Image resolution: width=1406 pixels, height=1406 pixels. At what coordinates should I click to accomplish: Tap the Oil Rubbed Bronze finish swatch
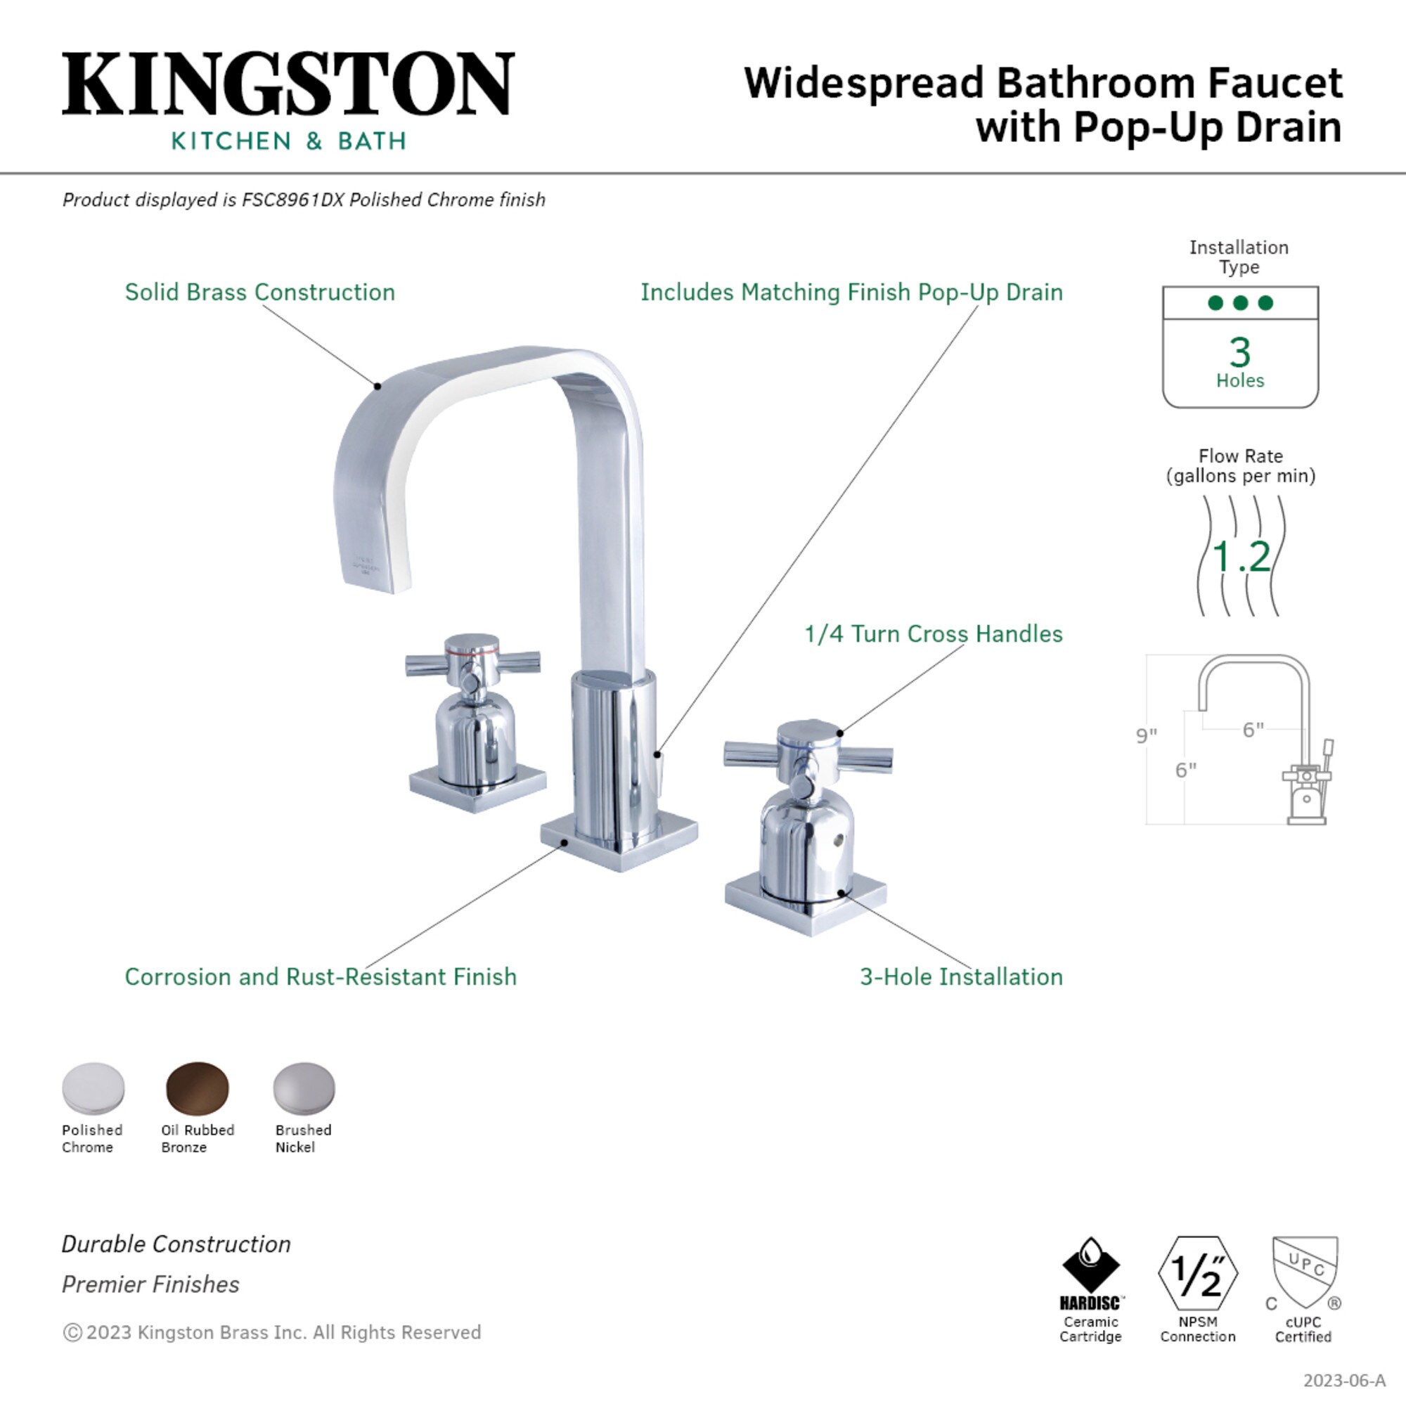click(x=198, y=1088)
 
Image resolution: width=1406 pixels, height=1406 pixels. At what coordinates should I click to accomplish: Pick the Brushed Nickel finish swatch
click(x=304, y=1088)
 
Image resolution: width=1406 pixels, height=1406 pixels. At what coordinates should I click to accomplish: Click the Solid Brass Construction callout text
click(x=260, y=292)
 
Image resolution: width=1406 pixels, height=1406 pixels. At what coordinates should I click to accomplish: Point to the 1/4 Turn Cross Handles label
click(x=933, y=633)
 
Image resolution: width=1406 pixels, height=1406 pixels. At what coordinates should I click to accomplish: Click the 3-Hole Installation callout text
click(x=960, y=976)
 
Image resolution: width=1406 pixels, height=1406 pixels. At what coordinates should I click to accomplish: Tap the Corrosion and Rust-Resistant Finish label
click(x=320, y=976)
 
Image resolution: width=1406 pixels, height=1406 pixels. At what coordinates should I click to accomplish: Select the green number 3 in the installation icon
click(x=1240, y=352)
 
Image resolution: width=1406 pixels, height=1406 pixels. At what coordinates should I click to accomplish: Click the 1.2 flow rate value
click(x=1241, y=557)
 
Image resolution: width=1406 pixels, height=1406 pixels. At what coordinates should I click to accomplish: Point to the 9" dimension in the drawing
click(x=1147, y=735)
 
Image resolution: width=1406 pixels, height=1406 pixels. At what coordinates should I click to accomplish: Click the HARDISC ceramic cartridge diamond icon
click(x=1090, y=1265)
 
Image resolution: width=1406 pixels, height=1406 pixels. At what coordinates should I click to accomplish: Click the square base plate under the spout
click(x=619, y=841)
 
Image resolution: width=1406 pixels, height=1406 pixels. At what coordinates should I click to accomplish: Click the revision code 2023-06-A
click(x=1343, y=1380)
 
